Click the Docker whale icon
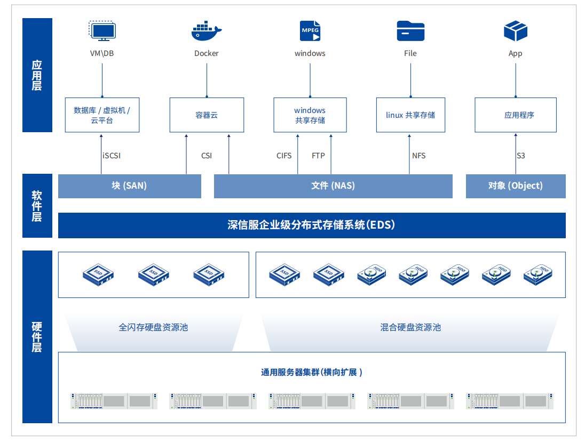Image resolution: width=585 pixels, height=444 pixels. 206,31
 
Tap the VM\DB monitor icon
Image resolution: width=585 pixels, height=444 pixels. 102,31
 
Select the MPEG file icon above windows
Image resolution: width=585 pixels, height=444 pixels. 310,31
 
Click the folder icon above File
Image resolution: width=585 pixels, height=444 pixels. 410,31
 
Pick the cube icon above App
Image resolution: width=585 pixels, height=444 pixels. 515,31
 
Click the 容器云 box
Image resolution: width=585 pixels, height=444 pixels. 207,115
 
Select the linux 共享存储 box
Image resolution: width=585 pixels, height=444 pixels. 410,115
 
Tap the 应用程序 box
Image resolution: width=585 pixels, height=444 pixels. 515,115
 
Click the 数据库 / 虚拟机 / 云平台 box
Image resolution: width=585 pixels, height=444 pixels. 102,115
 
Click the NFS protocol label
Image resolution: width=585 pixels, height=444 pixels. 418,156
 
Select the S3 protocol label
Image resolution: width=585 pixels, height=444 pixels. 520,156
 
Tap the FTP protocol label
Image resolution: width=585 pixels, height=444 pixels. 318,156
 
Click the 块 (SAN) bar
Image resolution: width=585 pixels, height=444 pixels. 129,186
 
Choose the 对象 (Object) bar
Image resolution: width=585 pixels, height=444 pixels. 515,186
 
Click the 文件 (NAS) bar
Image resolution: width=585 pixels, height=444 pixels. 333,186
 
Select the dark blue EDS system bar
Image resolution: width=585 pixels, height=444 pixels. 312,225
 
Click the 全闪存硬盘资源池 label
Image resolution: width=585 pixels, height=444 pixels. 153,327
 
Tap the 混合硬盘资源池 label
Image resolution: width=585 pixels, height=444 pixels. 410,327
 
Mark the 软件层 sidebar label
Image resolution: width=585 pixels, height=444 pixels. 37,206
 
